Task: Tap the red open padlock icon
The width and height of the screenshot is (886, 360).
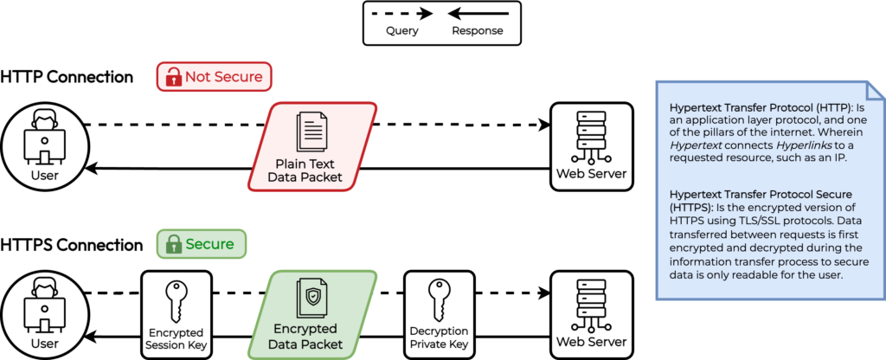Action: [172, 77]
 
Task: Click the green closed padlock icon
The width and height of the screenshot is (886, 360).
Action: [172, 244]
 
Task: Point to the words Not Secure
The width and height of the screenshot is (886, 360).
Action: [223, 77]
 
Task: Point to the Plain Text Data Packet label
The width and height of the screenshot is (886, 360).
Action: [309, 170]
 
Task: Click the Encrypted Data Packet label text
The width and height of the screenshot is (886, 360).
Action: [305, 337]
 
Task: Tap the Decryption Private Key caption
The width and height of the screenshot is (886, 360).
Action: [440, 338]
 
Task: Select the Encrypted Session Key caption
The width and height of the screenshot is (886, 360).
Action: [177, 338]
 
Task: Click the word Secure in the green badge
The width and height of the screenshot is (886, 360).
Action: [210, 244]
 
